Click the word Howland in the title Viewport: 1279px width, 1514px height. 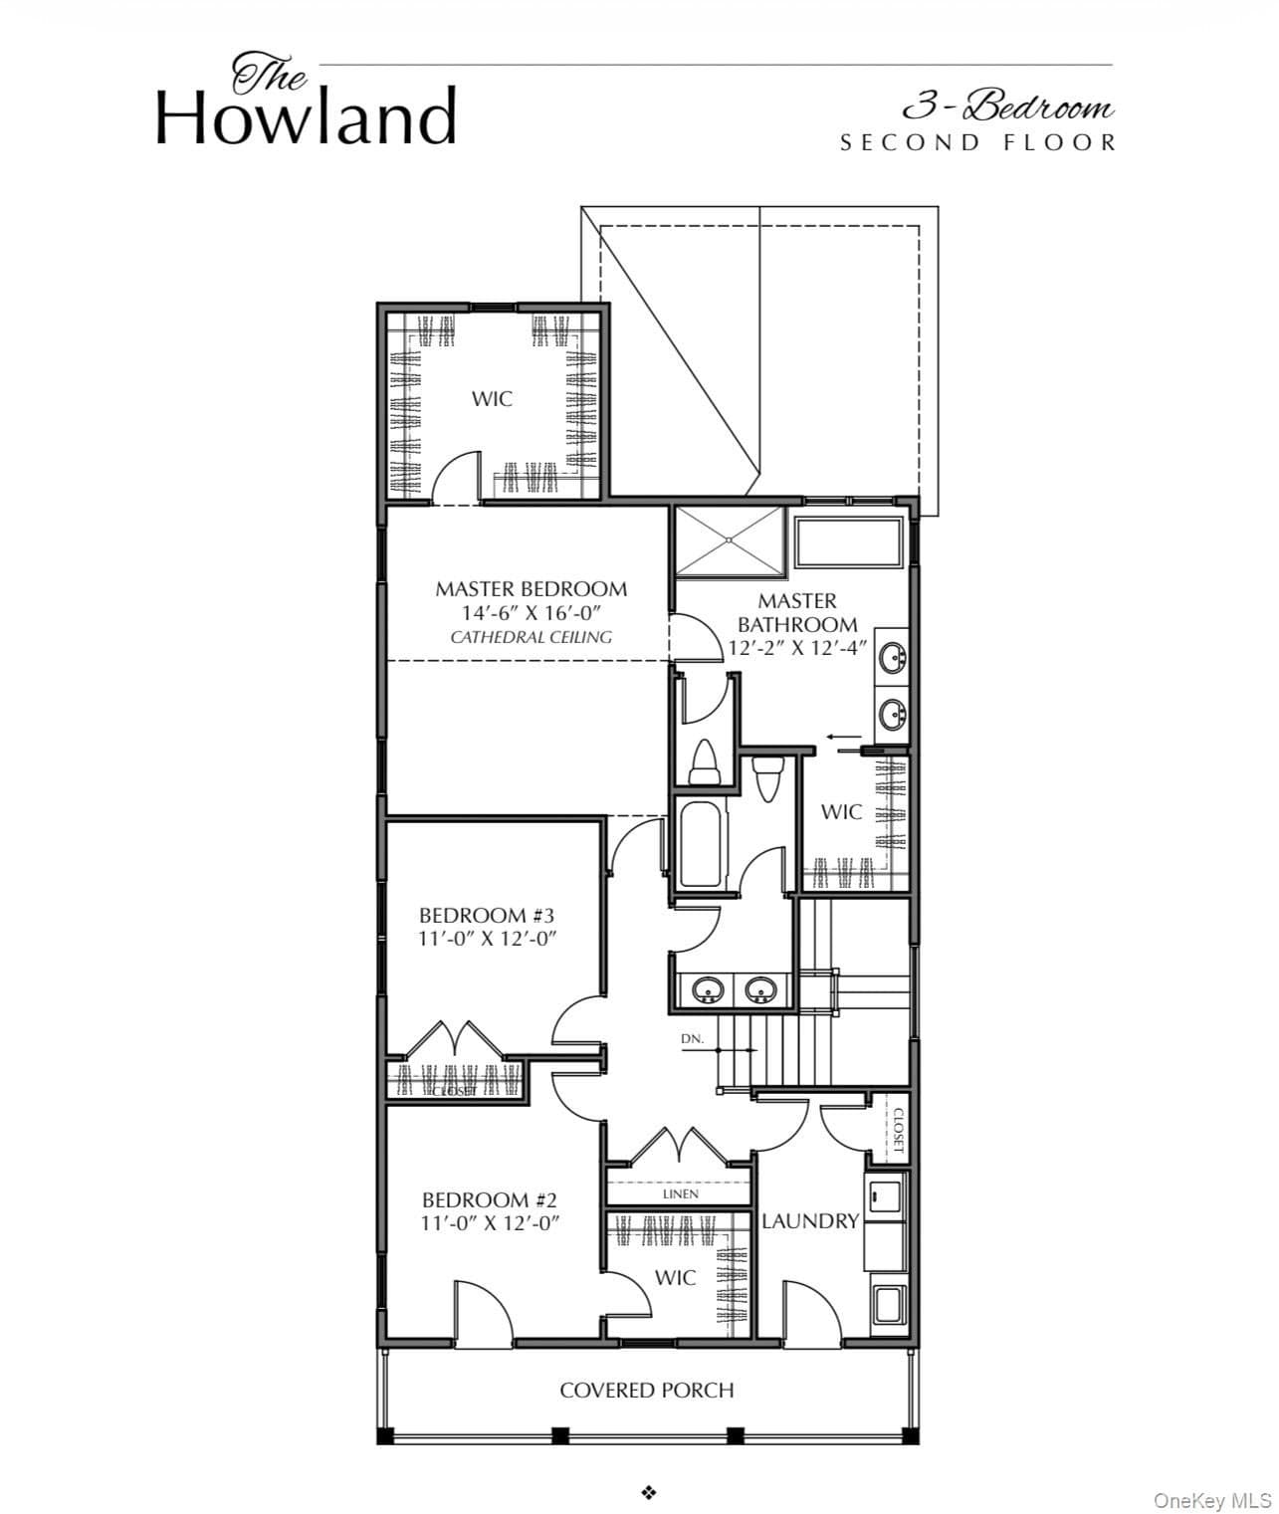[x=306, y=116]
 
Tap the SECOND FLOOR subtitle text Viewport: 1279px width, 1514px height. [x=978, y=143]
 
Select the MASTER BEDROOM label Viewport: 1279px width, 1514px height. [x=531, y=589]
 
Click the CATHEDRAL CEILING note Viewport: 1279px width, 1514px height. [x=531, y=637]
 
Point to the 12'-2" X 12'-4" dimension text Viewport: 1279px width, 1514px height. [x=797, y=648]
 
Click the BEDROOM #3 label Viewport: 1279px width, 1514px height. [x=487, y=915]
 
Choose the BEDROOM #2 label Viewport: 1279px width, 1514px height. [x=490, y=1199]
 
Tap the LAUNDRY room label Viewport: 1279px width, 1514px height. [x=810, y=1221]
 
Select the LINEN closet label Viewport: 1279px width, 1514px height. [x=681, y=1193]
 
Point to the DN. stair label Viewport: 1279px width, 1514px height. [x=692, y=1039]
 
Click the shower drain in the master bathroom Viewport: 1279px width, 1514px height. [x=729, y=541]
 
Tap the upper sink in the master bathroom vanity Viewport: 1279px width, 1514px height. [x=893, y=658]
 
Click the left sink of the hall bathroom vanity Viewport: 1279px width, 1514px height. [x=707, y=989]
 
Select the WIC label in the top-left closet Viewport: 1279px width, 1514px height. [x=492, y=399]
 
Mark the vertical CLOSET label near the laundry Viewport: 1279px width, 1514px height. [x=898, y=1131]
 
